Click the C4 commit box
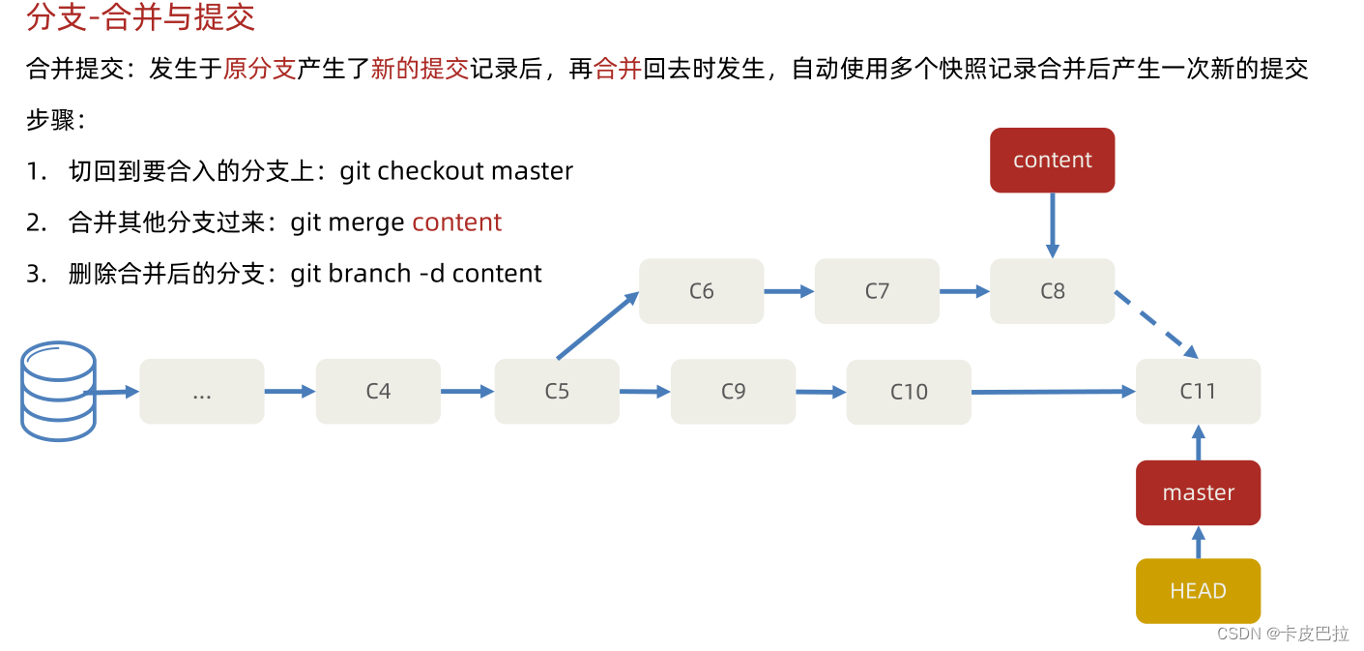[x=378, y=391]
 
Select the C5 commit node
[x=557, y=391]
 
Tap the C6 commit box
[x=701, y=290]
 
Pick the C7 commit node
[x=877, y=290]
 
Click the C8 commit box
[x=1052, y=290]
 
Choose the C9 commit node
[x=734, y=391]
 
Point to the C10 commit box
[x=909, y=392]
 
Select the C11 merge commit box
[x=1198, y=391]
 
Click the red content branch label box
[x=1052, y=160]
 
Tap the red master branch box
[x=1198, y=492]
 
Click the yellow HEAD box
[x=1198, y=590]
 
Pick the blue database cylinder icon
[x=58, y=391]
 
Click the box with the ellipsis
[x=202, y=391]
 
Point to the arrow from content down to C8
[x=1052, y=224]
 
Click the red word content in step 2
[x=456, y=222]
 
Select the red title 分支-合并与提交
[x=141, y=17]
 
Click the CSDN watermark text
[x=1283, y=634]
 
